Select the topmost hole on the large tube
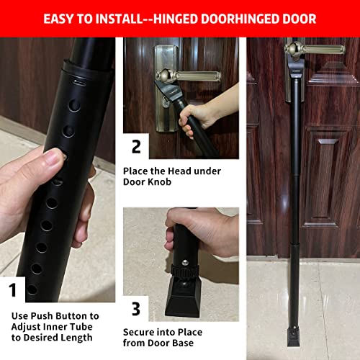coord(76,105)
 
